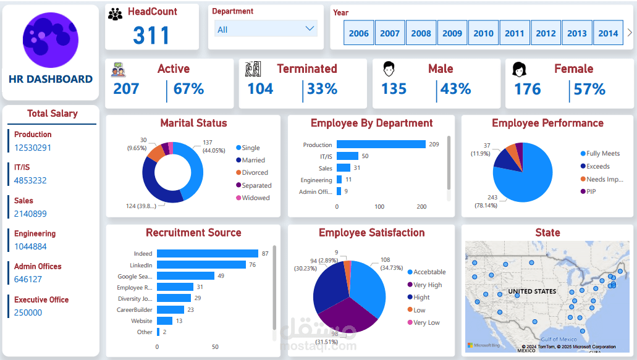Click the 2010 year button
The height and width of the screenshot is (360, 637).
click(x=483, y=33)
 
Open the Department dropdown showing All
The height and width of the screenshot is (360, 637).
click(x=266, y=29)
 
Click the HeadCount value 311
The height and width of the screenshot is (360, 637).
click(x=151, y=35)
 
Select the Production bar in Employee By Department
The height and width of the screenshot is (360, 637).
click(x=381, y=144)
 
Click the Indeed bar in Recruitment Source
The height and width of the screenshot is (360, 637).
click(x=207, y=253)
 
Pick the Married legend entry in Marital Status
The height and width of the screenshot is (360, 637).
click(x=253, y=160)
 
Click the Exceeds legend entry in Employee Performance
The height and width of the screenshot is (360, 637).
click(x=597, y=166)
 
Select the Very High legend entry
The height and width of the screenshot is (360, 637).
click(x=428, y=285)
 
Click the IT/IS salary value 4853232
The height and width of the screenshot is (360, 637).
click(x=30, y=180)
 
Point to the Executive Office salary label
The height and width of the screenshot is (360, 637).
click(x=41, y=299)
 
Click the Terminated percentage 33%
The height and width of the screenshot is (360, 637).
click(x=322, y=89)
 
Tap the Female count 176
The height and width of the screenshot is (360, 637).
click(x=527, y=89)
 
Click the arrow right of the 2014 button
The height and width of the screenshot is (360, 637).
click(x=630, y=33)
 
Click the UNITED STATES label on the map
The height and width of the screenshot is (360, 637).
click(x=532, y=291)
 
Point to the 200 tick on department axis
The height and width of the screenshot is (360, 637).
click(x=421, y=207)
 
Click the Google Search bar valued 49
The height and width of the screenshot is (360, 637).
click(x=185, y=276)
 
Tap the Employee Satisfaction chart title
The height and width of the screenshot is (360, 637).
click(x=371, y=233)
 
